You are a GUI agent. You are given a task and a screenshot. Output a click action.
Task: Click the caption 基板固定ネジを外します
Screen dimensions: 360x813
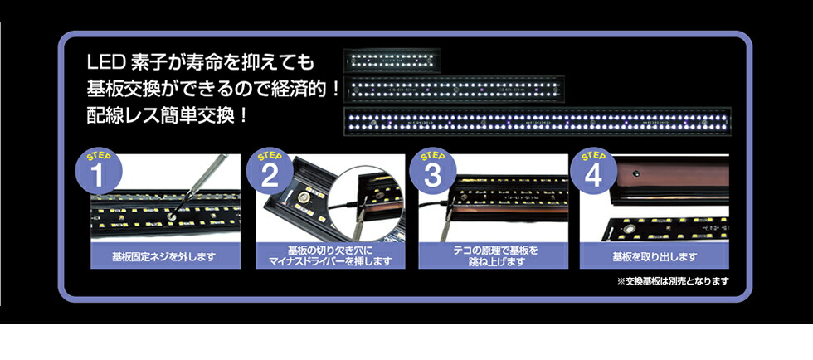(x=164, y=256)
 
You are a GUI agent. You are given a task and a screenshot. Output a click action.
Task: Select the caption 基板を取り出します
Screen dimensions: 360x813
(x=655, y=256)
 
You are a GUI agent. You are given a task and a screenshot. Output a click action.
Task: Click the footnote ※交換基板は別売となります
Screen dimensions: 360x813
(x=673, y=281)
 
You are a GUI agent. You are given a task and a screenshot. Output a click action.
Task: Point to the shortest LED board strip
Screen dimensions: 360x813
(x=392, y=61)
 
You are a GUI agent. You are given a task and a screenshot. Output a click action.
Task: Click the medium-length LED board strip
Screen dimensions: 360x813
(x=455, y=89)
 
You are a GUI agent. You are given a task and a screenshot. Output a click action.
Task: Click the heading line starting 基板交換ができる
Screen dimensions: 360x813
(x=213, y=88)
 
